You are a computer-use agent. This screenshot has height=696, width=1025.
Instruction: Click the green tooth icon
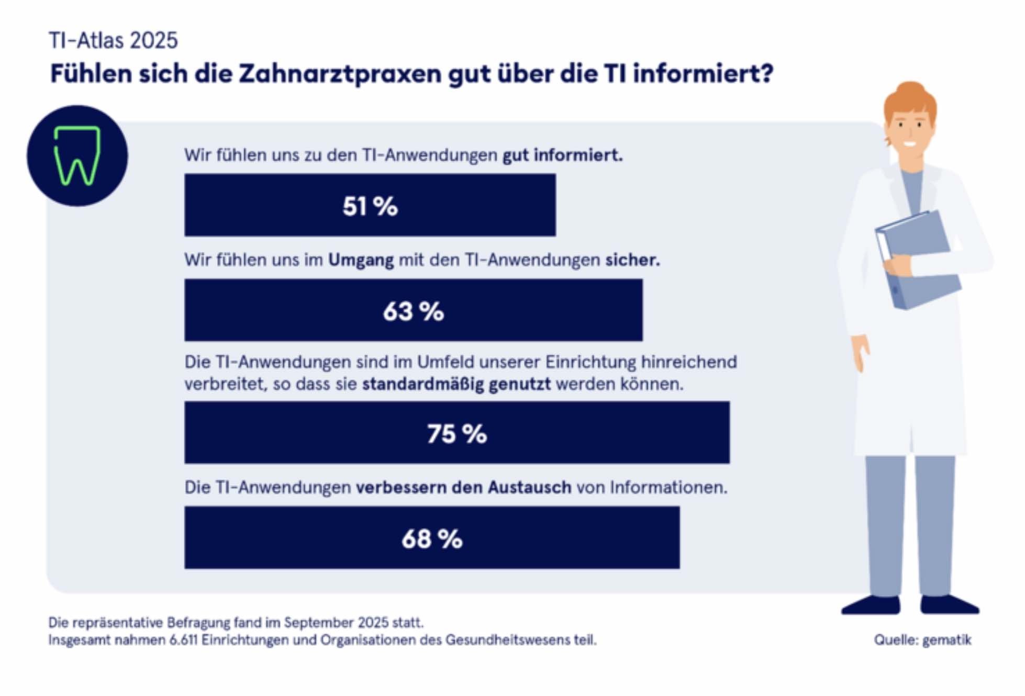coord(77,155)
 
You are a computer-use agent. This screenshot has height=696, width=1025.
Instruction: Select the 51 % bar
coord(370,205)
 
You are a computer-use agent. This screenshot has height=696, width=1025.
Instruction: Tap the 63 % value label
coord(414,311)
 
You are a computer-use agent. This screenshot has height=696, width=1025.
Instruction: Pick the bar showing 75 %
coord(456,433)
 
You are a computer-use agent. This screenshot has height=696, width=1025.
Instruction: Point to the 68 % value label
coord(432,538)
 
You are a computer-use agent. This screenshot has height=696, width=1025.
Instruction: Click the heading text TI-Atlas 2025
coord(113,40)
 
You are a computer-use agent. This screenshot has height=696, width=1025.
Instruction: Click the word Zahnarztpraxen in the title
coord(340,74)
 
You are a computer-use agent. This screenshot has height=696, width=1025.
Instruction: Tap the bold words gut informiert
coord(562,155)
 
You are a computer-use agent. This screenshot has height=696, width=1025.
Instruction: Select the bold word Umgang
coord(361,260)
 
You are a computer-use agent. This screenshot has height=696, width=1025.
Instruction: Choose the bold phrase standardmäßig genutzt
coord(456,384)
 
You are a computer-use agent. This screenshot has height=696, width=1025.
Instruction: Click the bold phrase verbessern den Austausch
coord(463,488)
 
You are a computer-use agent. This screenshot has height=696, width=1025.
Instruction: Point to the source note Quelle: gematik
coord(922,640)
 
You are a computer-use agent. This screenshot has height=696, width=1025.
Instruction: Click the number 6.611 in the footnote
coord(183,640)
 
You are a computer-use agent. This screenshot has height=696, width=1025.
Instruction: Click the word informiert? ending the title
coord(703,74)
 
